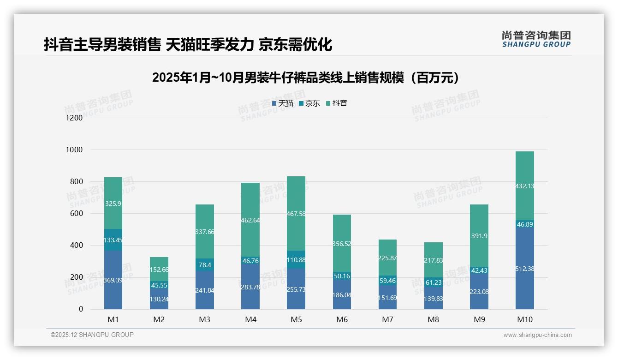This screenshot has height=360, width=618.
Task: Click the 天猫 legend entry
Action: [x=283, y=103]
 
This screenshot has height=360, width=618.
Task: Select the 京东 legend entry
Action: [x=309, y=103]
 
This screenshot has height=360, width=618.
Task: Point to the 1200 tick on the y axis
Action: [x=74, y=118]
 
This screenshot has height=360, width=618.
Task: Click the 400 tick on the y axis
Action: [x=77, y=246]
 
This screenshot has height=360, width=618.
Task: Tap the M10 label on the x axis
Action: [x=524, y=320]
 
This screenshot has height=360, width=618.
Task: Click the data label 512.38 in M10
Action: [x=525, y=269]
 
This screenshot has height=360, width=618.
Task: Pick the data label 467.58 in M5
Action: [x=296, y=214]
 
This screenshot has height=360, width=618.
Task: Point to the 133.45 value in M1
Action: [x=113, y=240]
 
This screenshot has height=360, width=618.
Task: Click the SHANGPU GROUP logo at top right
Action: [x=536, y=39]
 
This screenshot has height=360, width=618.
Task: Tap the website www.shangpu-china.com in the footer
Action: [x=537, y=335]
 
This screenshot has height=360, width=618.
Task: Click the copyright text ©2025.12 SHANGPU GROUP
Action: [x=92, y=335]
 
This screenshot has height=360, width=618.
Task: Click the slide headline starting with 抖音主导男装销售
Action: [x=188, y=45]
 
